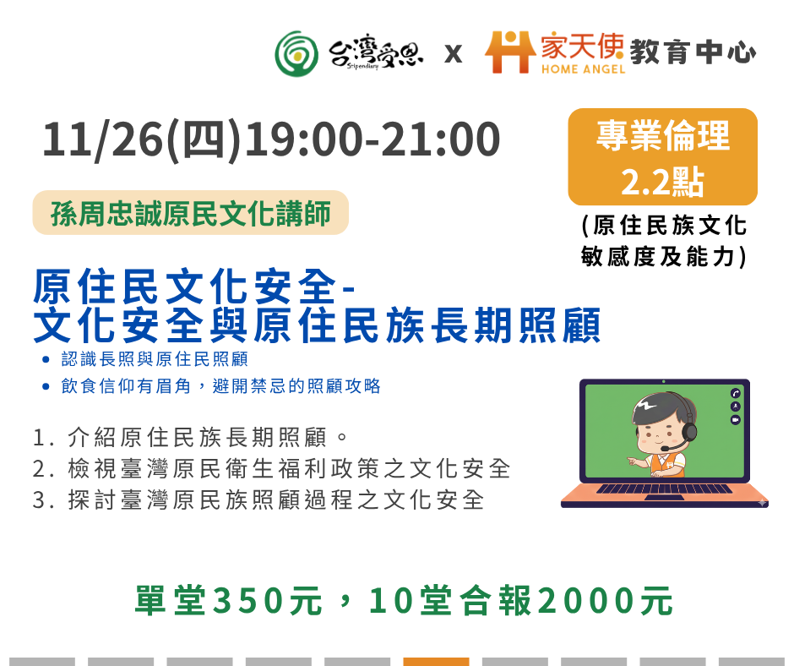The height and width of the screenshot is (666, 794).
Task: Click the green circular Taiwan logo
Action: tap(296, 54)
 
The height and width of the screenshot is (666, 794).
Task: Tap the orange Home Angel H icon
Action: tap(510, 52)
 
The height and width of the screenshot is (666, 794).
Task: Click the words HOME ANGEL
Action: tap(583, 69)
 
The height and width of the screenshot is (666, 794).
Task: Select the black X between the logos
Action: tap(454, 54)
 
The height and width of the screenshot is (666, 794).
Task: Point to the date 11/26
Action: tap(103, 139)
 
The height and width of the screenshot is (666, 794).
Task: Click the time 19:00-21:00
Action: tap(373, 139)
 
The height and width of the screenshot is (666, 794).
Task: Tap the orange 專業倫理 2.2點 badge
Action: tap(662, 156)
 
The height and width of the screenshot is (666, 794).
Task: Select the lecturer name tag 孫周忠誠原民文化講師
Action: tap(190, 213)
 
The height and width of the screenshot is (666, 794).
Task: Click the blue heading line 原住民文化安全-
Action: tap(193, 287)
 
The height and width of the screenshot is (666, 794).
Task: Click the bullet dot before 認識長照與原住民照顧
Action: tap(46, 360)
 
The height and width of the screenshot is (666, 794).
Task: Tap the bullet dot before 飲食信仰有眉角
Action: tap(46, 387)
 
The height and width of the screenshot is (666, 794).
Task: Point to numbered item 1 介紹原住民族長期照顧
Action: tap(190, 438)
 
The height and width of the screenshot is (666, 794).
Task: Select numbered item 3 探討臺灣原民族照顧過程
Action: tap(258, 500)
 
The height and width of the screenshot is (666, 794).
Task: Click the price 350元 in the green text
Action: tap(268, 601)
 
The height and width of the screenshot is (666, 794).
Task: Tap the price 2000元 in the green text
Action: tap(605, 601)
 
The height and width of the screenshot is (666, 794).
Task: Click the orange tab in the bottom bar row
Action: tap(436, 662)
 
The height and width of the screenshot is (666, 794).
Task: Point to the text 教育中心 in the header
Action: tap(693, 52)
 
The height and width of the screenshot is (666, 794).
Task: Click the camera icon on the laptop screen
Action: tap(735, 420)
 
